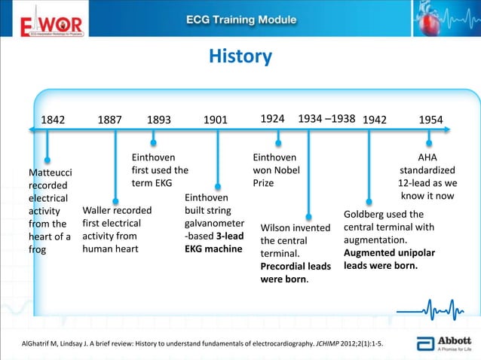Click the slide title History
pyautogui.click(x=240, y=56)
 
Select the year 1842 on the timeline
pyautogui.click(x=53, y=119)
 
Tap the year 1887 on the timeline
pyautogui.click(x=110, y=119)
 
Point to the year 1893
pyautogui.click(x=158, y=119)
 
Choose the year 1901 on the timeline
pyautogui.click(x=216, y=119)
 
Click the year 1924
pyautogui.click(x=272, y=118)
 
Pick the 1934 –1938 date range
pyautogui.click(x=327, y=118)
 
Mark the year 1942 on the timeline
pyautogui.click(x=375, y=119)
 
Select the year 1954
pyautogui.click(x=430, y=119)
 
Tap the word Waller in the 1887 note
pyautogui.click(x=98, y=210)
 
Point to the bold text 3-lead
pyautogui.click(x=229, y=236)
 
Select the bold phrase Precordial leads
pyautogui.click(x=296, y=266)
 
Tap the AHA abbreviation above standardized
pyautogui.click(x=427, y=157)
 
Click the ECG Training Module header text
pyautogui.click(x=240, y=19)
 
